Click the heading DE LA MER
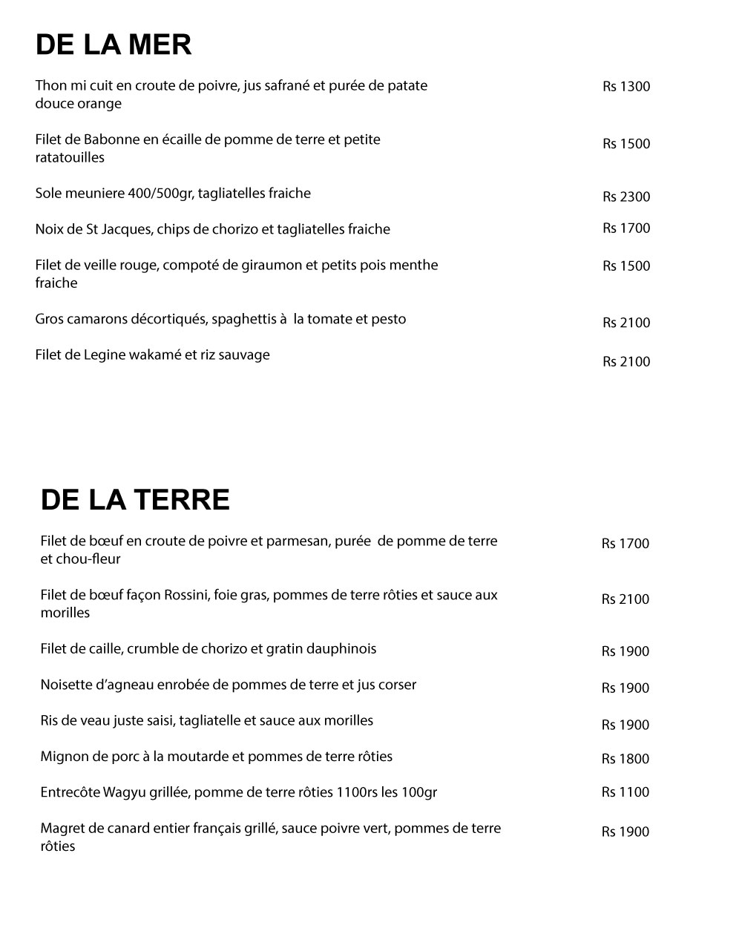click(114, 45)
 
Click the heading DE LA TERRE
click(135, 500)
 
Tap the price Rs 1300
click(626, 87)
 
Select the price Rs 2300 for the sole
click(626, 197)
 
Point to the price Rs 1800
click(625, 758)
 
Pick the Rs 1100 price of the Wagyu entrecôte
click(625, 792)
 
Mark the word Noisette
click(66, 685)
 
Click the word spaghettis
click(243, 320)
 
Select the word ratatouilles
click(70, 158)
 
